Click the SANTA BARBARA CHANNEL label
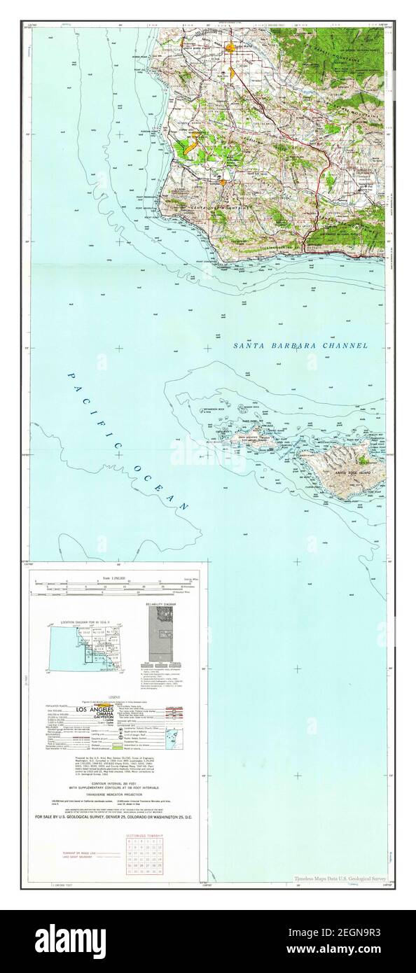point(300,345)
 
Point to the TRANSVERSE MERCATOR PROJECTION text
point(116,776)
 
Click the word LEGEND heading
point(116,697)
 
